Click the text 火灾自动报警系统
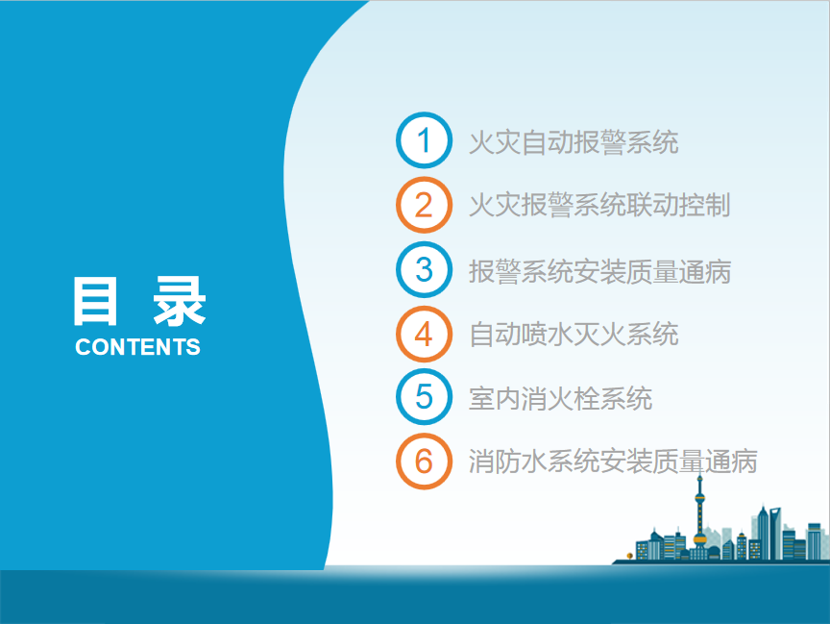574,142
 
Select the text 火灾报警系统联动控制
599,205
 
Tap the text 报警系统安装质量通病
599,272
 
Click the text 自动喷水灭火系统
574,335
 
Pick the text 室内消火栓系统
561,398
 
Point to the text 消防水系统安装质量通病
613,461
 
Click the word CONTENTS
137,347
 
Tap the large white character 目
95,301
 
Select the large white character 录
180,301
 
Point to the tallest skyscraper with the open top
775,533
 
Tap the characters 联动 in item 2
652,205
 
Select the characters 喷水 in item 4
548,335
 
